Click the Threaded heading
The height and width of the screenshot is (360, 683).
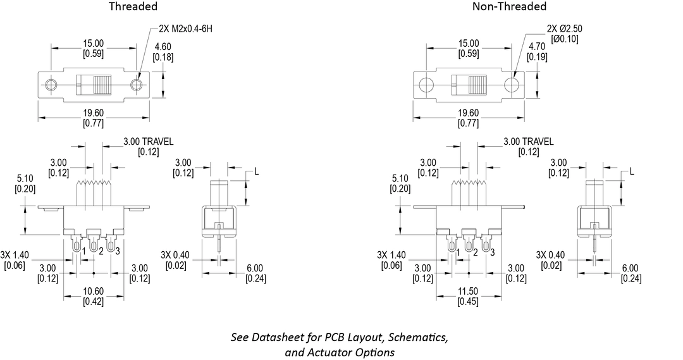tap(133, 7)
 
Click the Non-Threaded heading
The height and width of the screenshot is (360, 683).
tap(509, 7)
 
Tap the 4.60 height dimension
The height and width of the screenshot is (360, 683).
tap(163, 46)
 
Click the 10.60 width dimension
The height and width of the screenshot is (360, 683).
tap(93, 292)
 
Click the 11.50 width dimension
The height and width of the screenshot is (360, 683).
tap(469, 292)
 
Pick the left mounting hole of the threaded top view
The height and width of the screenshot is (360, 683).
tap(51, 85)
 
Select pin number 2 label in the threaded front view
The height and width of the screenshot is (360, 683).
tap(101, 252)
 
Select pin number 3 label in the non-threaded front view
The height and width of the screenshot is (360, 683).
tap(493, 252)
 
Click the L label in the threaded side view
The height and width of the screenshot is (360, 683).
tap(256, 171)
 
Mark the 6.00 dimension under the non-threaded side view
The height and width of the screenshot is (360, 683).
tap(630, 268)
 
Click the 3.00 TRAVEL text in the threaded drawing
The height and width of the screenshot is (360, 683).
tap(148, 141)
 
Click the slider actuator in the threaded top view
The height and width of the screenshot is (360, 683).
tap(101, 85)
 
